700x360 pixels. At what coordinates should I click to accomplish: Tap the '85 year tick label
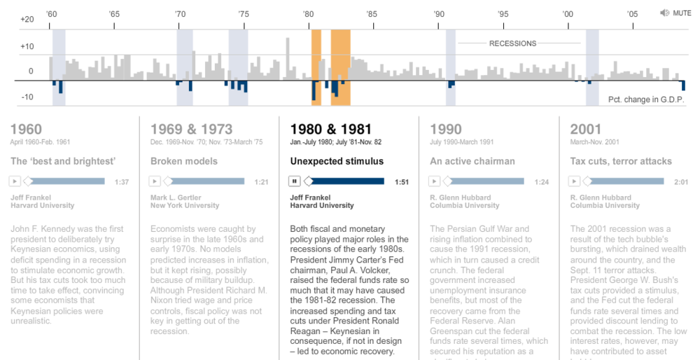click(x=371, y=14)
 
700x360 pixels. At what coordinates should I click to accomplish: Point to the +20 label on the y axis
click(x=27, y=19)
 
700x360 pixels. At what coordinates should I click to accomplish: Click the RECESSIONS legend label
click(x=512, y=43)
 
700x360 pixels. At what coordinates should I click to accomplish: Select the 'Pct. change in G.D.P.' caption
click(x=646, y=99)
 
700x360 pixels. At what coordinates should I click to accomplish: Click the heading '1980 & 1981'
click(x=330, y=130)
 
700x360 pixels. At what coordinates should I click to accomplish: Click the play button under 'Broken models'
click(x=155, y=181)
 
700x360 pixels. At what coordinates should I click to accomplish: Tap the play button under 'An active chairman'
click(x=435, y=181)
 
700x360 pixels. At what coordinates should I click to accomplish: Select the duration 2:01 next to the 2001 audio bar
click(x=680, y=182)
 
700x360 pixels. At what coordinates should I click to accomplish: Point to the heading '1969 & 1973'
click(x=192, y=130)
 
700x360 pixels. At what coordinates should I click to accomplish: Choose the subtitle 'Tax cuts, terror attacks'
click(x=621, y=161)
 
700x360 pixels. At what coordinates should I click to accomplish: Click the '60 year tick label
click(x=51, y=14)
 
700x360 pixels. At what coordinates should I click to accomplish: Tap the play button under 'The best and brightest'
click(x=15, y=181)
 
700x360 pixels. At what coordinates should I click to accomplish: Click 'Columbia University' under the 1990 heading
click(x=465, y=206)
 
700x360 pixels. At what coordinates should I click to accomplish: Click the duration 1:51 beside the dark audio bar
click(x=401, y=182)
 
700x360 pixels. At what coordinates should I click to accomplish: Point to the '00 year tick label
click(x=567, y=14)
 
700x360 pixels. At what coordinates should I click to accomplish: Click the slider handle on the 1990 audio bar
click(x=447, y=181)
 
